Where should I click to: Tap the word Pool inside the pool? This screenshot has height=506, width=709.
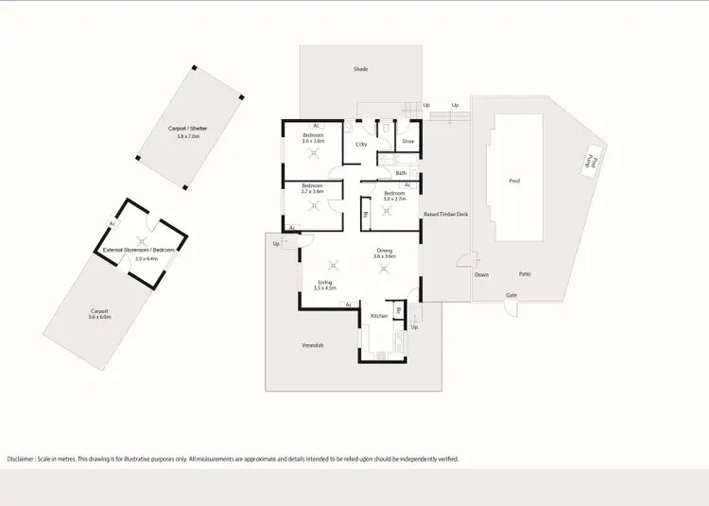(x=514, y=180)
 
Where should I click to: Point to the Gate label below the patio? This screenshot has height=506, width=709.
(x=511, y=295)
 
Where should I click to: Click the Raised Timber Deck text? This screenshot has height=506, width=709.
(x=446, y=215)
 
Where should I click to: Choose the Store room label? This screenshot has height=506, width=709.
(x=408, y=141)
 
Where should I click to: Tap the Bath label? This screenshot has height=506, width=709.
(x=401, y=173)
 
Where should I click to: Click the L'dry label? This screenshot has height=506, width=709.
(x=361, y=144)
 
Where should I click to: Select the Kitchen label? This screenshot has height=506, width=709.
(x=379, y=315)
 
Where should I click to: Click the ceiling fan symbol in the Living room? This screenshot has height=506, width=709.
(x=331, y=266)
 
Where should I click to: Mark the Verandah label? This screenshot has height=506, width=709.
(x=314, y=345)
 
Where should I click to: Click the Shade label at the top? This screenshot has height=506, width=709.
(x=360, y=70)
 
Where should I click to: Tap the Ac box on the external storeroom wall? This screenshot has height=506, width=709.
(x=112, y=224)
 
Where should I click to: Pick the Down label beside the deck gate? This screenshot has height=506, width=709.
(x=482, y=275)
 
